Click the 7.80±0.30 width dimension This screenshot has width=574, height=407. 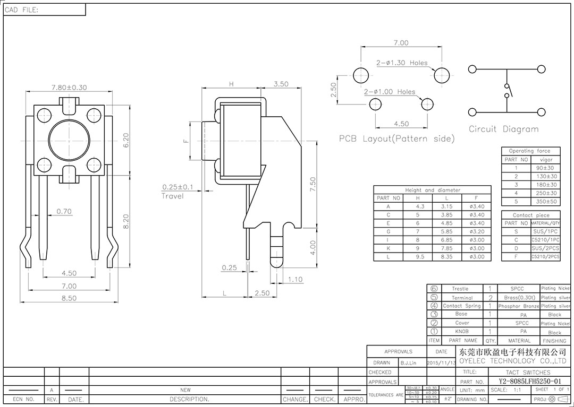(x=69, y=88)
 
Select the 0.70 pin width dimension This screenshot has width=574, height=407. (x=64, y=211)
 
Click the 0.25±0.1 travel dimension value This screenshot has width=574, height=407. (x=178, y=187)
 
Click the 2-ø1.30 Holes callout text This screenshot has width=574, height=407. (x=402, y=63)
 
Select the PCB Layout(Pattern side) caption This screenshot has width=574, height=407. (x=397, y=139)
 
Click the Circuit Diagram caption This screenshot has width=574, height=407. (x=503, y=129)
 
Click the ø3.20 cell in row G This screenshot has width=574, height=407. (x=477, y=231)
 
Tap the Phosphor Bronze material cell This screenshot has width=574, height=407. (x=520, y=306)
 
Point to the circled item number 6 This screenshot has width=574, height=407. (x=434, y=289)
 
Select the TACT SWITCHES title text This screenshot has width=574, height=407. (x=513, y=373)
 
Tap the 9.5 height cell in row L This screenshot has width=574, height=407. (x=420, y=257)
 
